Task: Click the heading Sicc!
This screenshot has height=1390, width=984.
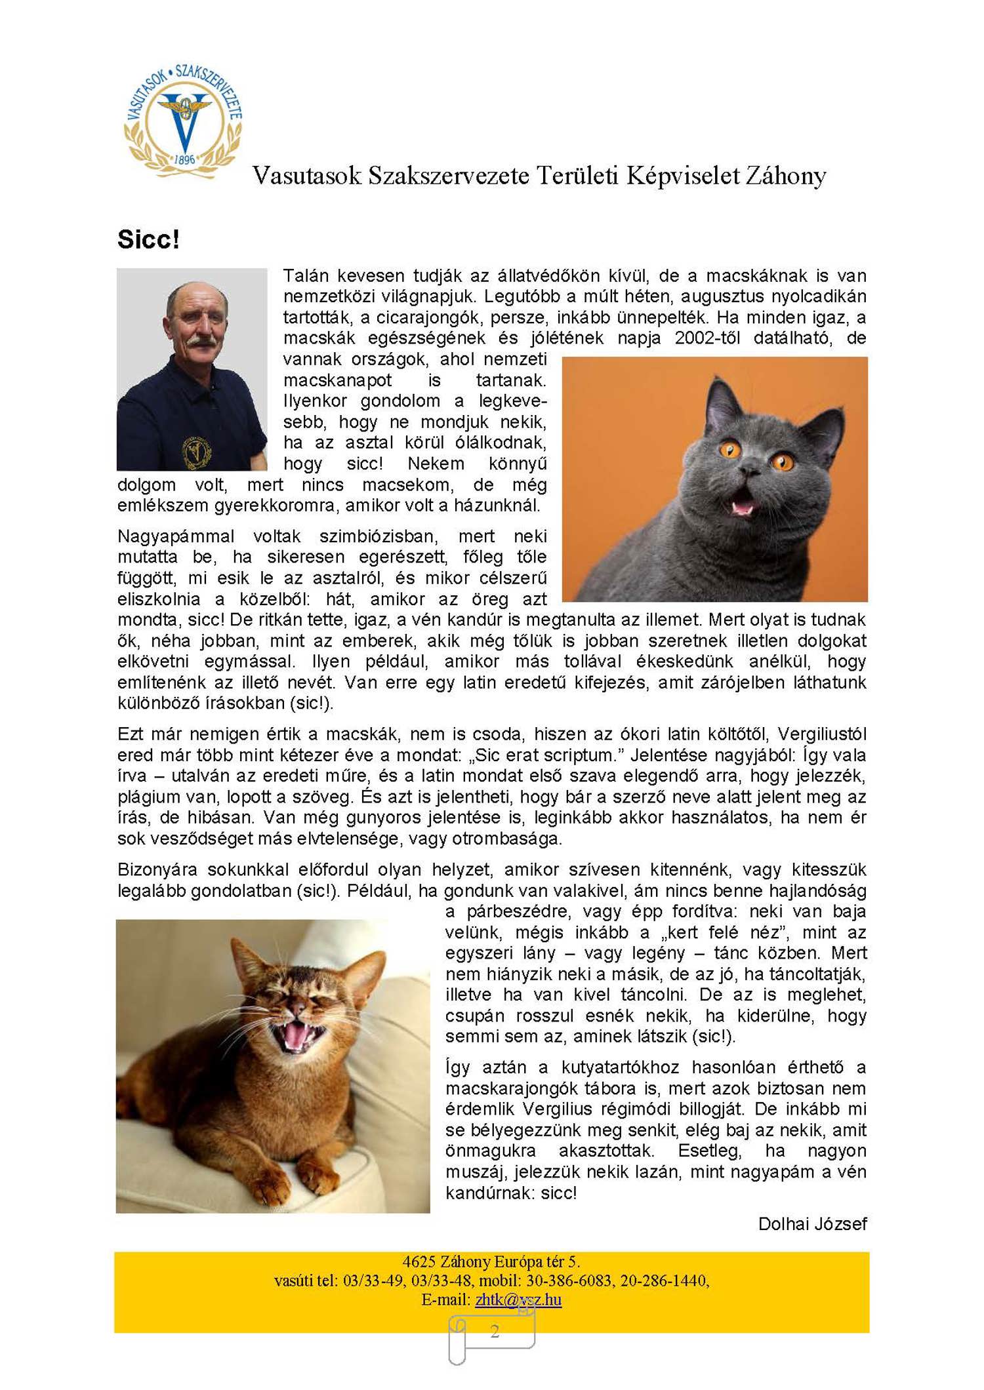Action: [x=148, y=239]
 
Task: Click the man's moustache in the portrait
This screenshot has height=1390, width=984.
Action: [x=201, y=342]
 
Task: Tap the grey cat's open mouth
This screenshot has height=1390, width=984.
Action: [x=743, y=506]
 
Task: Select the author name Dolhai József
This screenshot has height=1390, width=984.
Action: [x=812, y=1224]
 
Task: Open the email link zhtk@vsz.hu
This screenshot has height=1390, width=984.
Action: [x=518, y=1300]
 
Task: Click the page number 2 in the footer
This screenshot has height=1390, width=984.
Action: [x=495, y=1331]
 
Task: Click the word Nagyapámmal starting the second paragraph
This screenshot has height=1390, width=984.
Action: [x=175, y=536]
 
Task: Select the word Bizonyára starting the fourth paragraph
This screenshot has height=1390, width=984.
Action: [x=157, y=869]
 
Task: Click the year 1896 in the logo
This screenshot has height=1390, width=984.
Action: [x=184, y=159]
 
